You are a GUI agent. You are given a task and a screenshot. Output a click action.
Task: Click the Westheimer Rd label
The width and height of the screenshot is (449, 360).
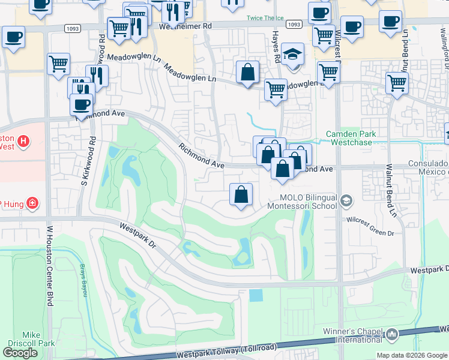click(187, 26)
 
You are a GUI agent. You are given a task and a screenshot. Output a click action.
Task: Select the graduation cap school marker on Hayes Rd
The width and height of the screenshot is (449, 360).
click(292, 55)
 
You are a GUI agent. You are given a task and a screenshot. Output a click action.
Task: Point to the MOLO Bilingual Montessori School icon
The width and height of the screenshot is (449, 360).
click(346, 201)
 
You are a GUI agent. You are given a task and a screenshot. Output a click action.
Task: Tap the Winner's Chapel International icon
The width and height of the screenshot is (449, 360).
click(393, 334)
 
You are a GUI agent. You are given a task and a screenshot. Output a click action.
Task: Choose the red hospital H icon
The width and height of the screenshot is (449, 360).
click(23, 142)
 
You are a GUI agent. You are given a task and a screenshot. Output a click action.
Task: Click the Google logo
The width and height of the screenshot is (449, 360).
click(20, 353)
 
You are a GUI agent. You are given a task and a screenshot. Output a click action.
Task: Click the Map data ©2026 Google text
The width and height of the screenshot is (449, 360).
click(412, 355)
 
